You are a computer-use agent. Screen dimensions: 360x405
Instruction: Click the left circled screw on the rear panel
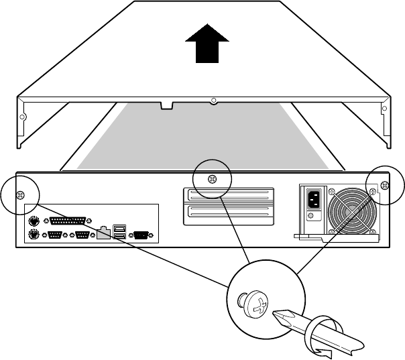tap(19, 194)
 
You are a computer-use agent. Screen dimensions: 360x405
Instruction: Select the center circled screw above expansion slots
tap(212, 179)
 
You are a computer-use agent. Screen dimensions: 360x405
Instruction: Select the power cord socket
tap(313, 199)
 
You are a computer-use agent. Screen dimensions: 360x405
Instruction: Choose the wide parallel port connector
tap(67, 221)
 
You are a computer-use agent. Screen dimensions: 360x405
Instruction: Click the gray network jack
tap(103, 234)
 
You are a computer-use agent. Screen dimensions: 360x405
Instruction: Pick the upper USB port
tap(119, 228)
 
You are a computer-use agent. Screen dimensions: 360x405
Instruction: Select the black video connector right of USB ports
tap(141, 235)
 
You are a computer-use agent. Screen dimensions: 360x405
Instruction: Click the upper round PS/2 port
tap(33, 221)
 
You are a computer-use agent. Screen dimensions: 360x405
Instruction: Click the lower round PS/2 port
tap(33, 235)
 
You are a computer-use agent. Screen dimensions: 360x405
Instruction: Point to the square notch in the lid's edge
tap(164, 105)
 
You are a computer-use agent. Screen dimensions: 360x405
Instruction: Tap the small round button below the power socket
tap(311, 217)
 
